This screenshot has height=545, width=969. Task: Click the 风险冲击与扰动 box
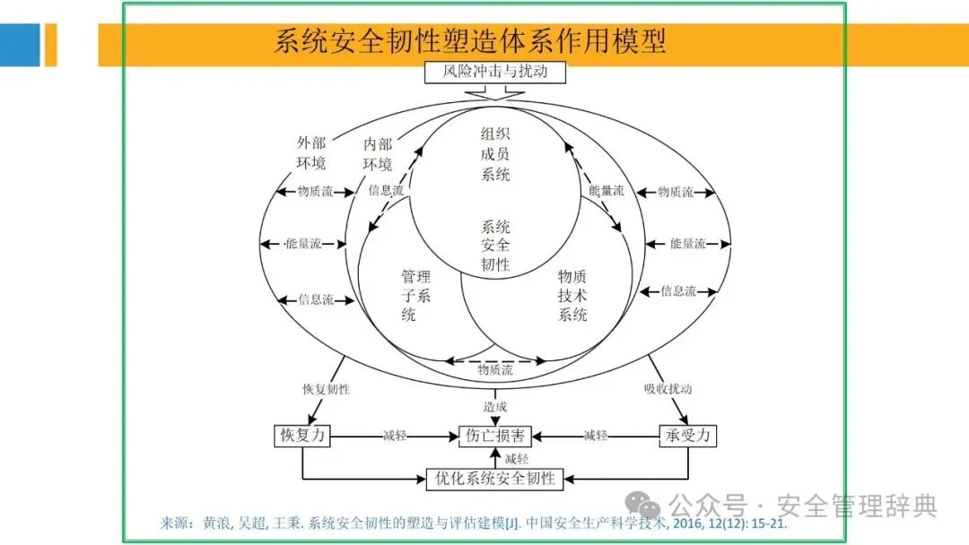(x=494, y=71)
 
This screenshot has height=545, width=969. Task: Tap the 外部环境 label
(x=311, y=152)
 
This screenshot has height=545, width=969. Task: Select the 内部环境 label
(x=377, y=153)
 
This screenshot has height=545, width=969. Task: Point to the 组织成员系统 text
(x=495, y=153)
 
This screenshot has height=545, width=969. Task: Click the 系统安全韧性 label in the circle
(x=495, y=245)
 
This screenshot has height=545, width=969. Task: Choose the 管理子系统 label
(x=415, y=295)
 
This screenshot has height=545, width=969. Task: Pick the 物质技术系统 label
(x=572, y=295)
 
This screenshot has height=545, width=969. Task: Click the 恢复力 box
(x=301, y=436)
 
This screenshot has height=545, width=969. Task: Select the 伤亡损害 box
(x=494, y=436)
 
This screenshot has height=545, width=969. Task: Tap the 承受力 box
(x=688, y=436)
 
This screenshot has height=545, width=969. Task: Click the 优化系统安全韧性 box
(x=494, y=478)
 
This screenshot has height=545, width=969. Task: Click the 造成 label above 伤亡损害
(x=495, y=406)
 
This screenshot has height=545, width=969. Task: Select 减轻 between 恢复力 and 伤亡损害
(x=395, y=436)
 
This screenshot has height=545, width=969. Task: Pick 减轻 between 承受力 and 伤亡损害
(x=596, y=436)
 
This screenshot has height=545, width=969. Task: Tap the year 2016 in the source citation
(x=693, y=523)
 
